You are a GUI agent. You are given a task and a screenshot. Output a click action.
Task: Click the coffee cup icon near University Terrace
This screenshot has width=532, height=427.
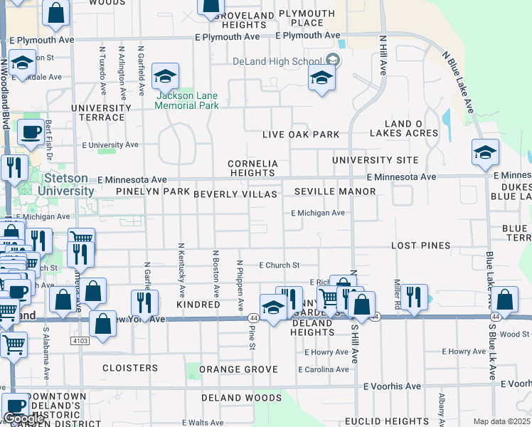coord(30,132)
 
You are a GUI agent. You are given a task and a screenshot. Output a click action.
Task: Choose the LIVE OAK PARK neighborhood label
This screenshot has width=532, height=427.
coord(300,135)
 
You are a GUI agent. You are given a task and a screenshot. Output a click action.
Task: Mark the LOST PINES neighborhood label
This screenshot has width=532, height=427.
coord(420,246)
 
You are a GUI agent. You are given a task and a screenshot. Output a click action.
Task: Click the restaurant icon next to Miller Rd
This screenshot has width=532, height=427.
coord(413,296)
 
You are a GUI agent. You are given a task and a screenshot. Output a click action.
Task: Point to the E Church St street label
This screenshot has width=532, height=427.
coord(279,265)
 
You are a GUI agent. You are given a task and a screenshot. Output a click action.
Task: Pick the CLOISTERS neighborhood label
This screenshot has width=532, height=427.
coord(130,368)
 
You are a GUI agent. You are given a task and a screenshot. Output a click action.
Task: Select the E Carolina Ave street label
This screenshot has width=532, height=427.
coord(324,369)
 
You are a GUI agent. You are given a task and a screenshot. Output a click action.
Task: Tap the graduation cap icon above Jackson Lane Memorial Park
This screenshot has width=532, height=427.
coord(165,77)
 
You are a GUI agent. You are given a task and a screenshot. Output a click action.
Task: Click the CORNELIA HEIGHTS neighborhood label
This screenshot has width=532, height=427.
coord(252,168)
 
